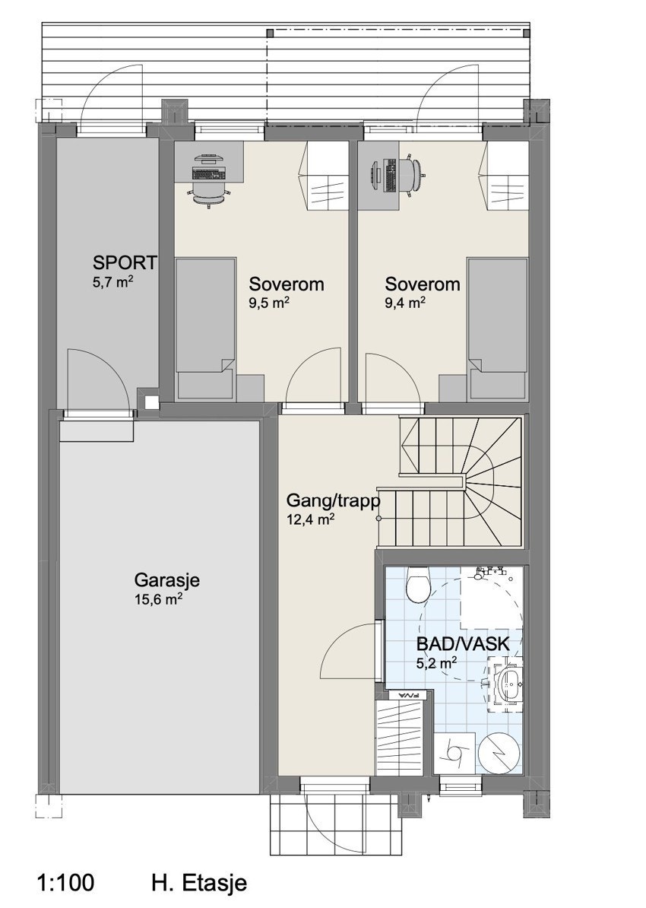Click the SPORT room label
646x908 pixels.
[125, 262]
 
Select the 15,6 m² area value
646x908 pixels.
[159, 599]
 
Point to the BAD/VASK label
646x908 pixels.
[463, 643]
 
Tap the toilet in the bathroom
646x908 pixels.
[419, 584]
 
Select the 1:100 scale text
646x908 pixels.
[65, 883]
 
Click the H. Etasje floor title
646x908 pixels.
[199, 883]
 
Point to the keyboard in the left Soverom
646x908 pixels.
[207, 173]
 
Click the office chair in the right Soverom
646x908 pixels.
[413, 173]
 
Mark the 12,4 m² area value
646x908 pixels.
[311, 519]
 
